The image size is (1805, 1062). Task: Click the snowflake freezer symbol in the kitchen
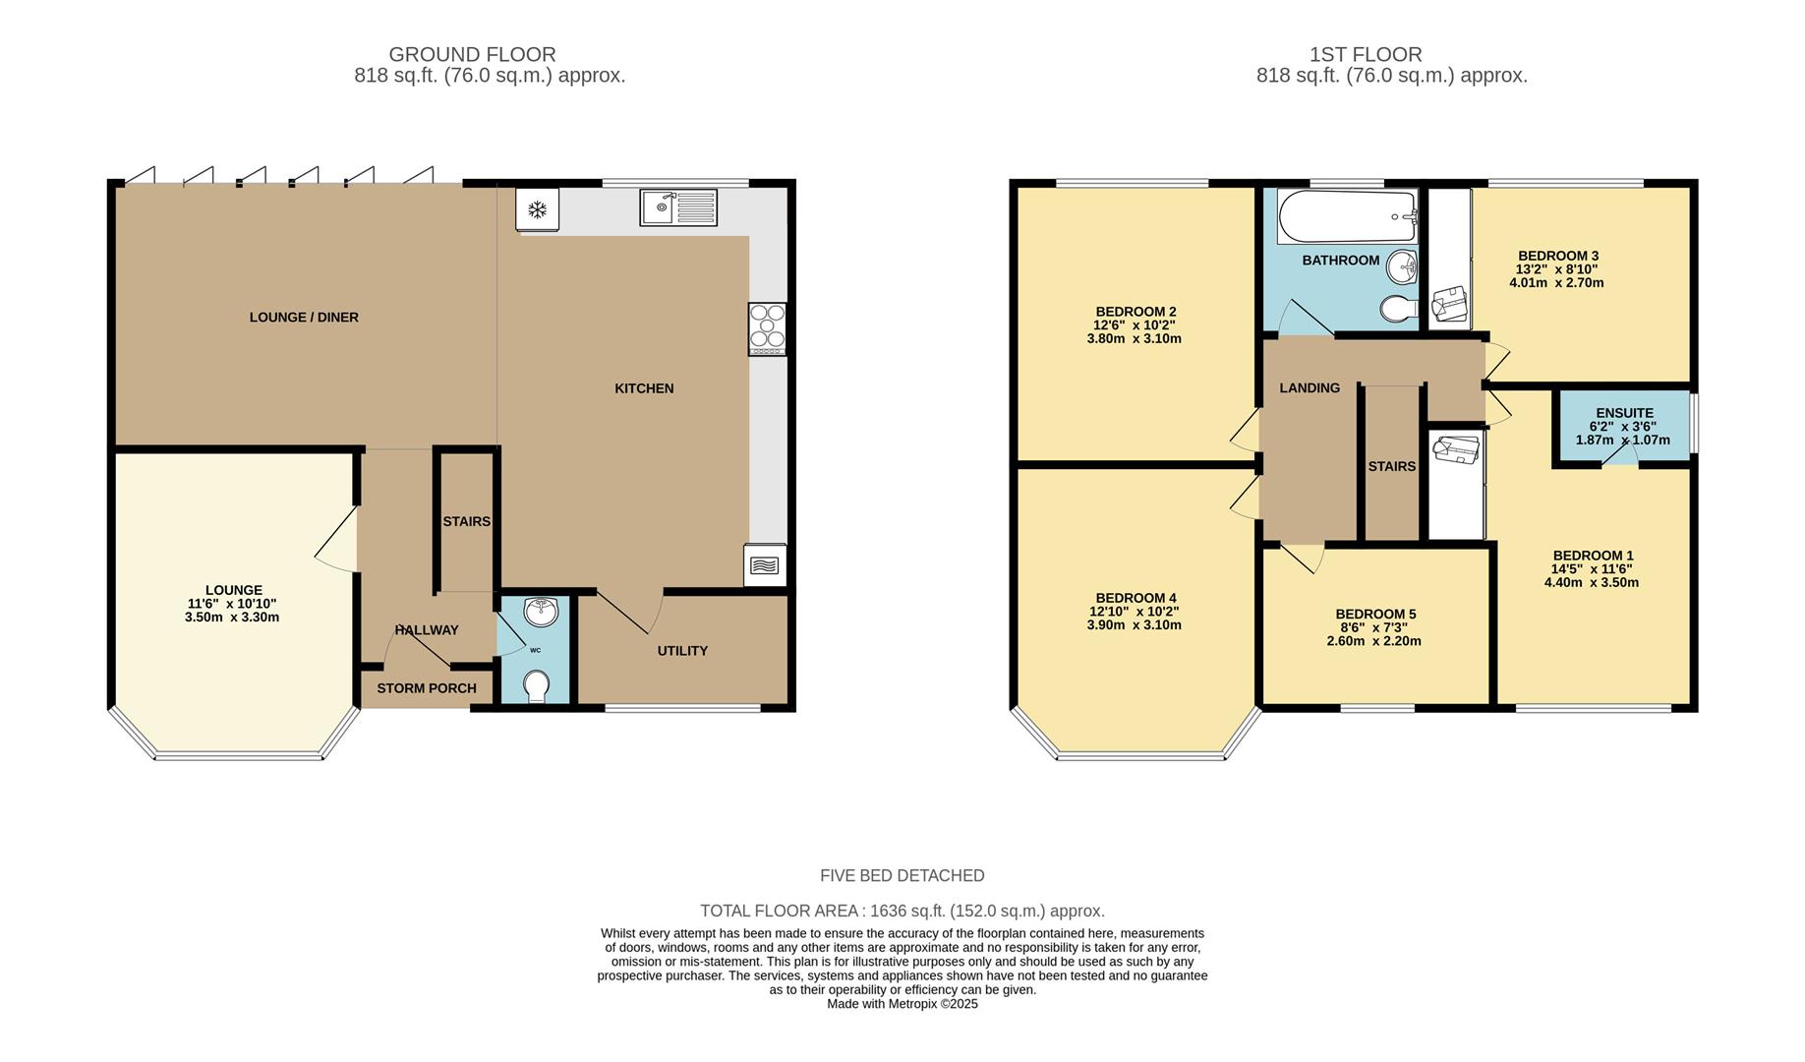[537, 209]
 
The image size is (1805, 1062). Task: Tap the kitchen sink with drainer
[678, 206]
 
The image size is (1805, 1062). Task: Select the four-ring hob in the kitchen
[768, 328]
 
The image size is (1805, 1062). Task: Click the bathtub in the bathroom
[1347, 216]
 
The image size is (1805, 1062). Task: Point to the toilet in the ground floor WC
[537, 685]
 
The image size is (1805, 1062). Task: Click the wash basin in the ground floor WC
[540, 612]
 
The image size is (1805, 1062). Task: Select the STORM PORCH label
[427, 688]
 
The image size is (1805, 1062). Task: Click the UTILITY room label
[682, 651]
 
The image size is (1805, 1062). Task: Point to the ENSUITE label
[1624, 413]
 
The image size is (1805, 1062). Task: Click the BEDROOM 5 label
[1375, 615]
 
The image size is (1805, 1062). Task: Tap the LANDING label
[1309, 388]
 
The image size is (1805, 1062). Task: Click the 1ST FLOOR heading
[1365, 55]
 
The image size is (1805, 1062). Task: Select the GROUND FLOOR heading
[472, 55]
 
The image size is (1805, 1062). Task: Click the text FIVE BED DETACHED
[902, 875]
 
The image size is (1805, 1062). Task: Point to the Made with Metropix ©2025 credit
[902, 1004]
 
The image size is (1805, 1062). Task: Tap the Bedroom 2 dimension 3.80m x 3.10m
[1134, 338]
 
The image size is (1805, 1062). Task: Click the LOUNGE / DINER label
[304, 318]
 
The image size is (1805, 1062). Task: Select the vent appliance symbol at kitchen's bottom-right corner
[765, 565]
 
